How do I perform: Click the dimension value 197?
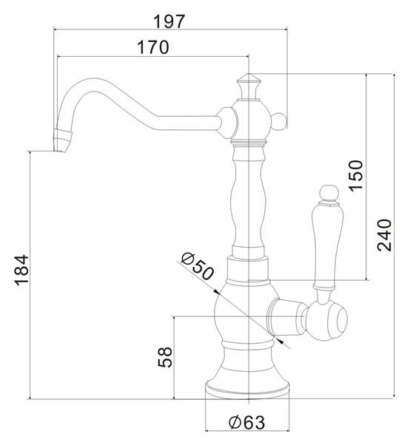169,21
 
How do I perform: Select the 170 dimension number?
153,47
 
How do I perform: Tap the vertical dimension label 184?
22,270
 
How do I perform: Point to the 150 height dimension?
356,176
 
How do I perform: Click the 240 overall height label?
384,235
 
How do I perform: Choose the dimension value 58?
165,357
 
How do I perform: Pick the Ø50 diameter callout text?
197,266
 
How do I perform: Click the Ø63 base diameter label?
246,422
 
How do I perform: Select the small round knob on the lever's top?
329,193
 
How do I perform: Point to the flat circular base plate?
247,390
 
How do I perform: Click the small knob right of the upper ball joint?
278,120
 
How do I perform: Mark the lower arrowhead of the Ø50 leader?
280,341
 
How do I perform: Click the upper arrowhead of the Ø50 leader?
217,292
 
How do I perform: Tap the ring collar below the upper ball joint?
249,143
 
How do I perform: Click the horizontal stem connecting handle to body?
286,316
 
